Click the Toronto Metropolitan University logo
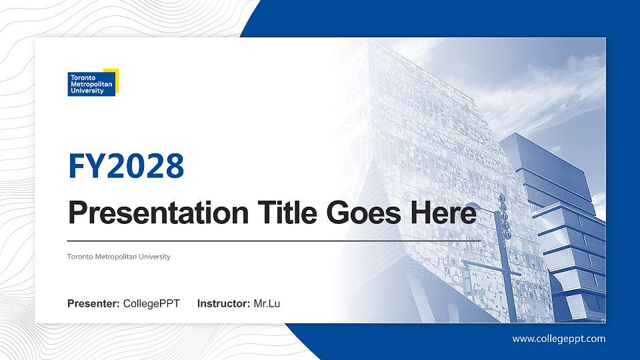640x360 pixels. pos(93,82)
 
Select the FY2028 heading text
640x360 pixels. pos(126,167)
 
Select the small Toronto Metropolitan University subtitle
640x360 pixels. pos(119,257)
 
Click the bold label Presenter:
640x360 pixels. pos(93,304)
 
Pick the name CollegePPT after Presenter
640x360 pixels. pos(151,304)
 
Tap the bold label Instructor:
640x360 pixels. pos(224,304)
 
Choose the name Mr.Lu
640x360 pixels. pos(267,304)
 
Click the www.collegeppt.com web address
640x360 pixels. pos(559,339)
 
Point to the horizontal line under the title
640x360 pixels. pos(273,239)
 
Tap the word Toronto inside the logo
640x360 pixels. pos(81,77)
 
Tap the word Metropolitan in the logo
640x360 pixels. pos(91,84)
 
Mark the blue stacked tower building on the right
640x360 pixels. pos(567,227)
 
